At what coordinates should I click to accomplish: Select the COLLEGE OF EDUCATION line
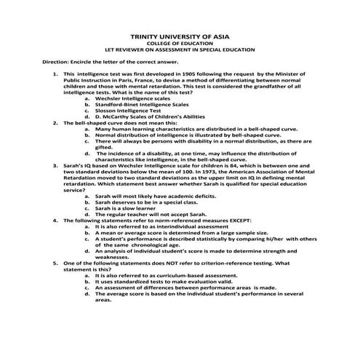pyautogui.click(x=179, y=43)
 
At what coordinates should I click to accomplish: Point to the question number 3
pyautogui.click(x=56, y=167)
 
